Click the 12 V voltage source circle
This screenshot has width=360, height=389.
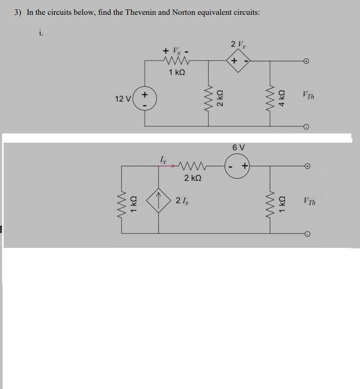click(x=145, y=98)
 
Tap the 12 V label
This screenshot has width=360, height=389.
click(x=123, y=99)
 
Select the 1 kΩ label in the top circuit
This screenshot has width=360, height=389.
click(x=176, y=73)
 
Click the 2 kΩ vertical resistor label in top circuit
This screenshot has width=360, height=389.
click(x=219, y=97)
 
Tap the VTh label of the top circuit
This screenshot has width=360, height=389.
click(x=309, y=95)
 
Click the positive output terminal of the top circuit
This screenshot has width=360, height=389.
click(x=306, y=61)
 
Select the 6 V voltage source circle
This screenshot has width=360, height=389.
click(x=238, y=165)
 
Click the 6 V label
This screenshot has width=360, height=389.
click(x=238, y=147)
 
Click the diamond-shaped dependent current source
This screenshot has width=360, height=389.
click(x=159, y=203)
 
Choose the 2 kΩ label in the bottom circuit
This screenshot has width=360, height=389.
click(x=192, y=178)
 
